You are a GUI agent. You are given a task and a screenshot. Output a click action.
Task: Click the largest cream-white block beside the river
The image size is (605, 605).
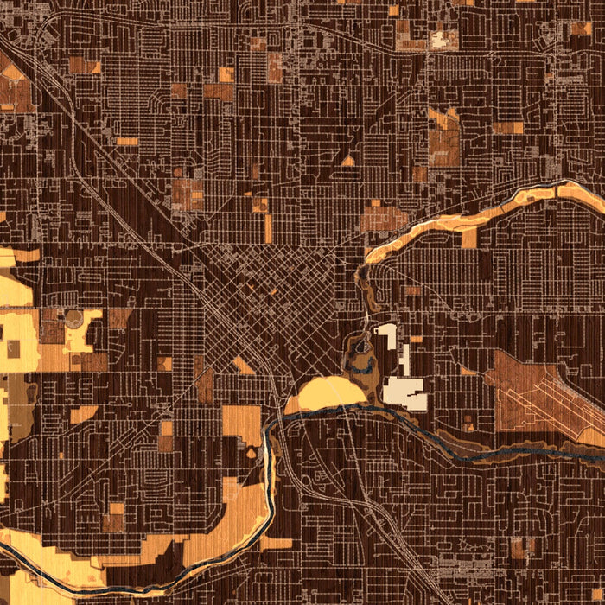coord(406,392)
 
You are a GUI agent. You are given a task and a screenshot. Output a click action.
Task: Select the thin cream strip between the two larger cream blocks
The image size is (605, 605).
coord(404,358)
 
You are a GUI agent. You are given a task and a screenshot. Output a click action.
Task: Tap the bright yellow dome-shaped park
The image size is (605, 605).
coord(332,393)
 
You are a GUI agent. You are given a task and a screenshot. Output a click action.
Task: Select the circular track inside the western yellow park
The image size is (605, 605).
coord(74,320)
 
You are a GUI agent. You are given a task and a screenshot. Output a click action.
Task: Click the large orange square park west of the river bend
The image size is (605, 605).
coord(241,423)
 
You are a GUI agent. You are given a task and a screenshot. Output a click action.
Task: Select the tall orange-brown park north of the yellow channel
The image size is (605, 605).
coord(444,138)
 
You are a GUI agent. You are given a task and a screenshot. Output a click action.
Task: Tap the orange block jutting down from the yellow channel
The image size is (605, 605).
coord(469,239)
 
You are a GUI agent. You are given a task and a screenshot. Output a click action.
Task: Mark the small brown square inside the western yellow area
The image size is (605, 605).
coord(14,348)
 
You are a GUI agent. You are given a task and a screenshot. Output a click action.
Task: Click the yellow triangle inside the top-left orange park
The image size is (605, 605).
coord(12,73)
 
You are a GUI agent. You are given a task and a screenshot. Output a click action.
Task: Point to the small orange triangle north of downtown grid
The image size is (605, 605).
coord(347,161)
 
